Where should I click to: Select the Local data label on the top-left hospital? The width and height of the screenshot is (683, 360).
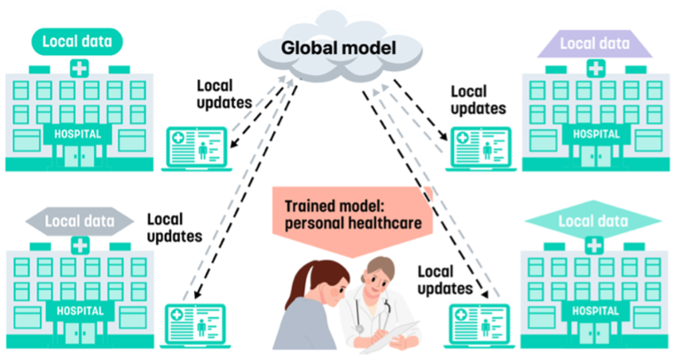coord(77,41)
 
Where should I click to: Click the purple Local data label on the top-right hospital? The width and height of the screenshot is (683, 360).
coord(595,44)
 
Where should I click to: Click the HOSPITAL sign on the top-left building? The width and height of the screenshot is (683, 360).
coord(77,134)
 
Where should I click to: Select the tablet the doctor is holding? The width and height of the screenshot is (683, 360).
coord(399,335)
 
